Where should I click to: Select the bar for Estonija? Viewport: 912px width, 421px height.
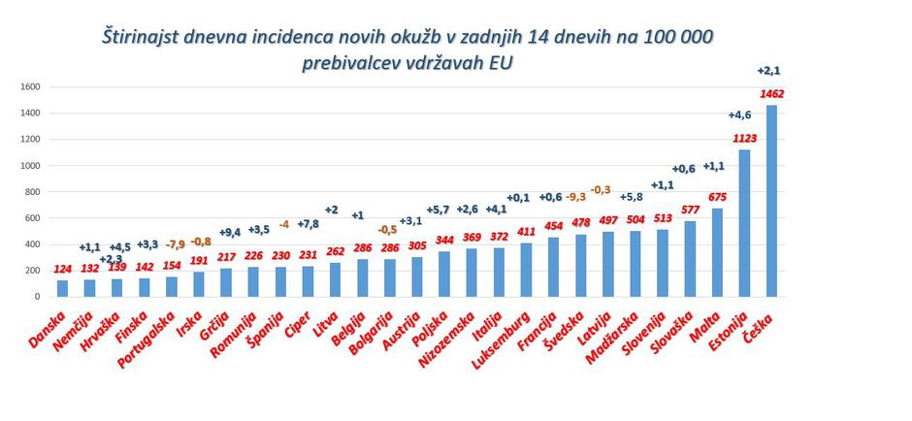744,223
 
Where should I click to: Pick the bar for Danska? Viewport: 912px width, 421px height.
63,288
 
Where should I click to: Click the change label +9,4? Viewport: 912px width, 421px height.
231,232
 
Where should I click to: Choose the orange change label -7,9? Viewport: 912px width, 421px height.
176,244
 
